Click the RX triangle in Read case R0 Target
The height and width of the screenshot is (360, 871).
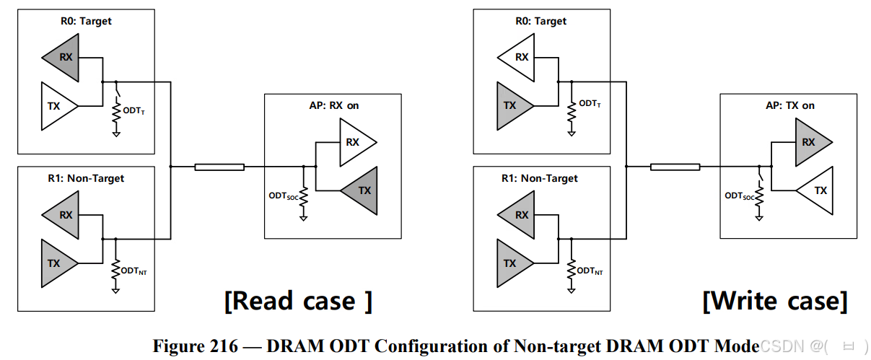(63, 58)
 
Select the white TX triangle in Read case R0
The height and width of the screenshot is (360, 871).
(58, 106)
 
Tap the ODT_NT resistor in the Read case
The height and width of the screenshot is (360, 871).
(115, 270)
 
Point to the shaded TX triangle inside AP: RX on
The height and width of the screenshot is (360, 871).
(361, 190)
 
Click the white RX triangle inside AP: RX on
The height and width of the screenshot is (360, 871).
(356, 142)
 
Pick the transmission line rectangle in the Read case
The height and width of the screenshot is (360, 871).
(219, 167)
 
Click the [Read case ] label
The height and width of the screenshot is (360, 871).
(298, 300)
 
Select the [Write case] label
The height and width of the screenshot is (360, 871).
(775, 301)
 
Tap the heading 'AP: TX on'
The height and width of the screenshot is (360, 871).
(789, 105)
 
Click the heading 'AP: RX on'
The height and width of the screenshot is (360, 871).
(333, 105)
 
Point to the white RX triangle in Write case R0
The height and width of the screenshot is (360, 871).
(518, 58)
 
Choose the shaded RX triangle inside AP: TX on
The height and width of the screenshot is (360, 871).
(812, 142)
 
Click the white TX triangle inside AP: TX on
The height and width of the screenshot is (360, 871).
(817, 190)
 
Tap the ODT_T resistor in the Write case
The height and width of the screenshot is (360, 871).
(571, 113)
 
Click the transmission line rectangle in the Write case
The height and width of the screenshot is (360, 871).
(675, 167)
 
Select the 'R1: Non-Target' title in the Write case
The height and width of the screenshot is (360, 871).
(540, 178)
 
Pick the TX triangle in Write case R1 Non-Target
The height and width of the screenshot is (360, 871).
(513, 263)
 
